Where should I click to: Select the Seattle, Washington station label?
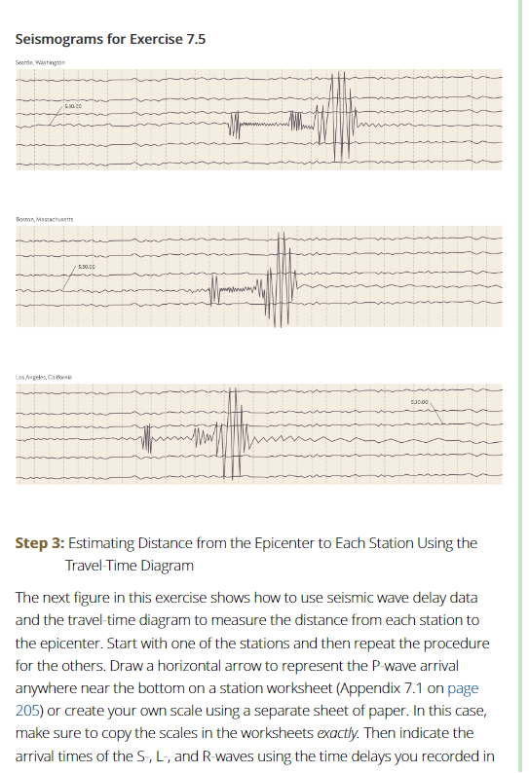point(40,62)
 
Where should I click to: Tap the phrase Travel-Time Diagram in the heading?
point(130,566)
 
